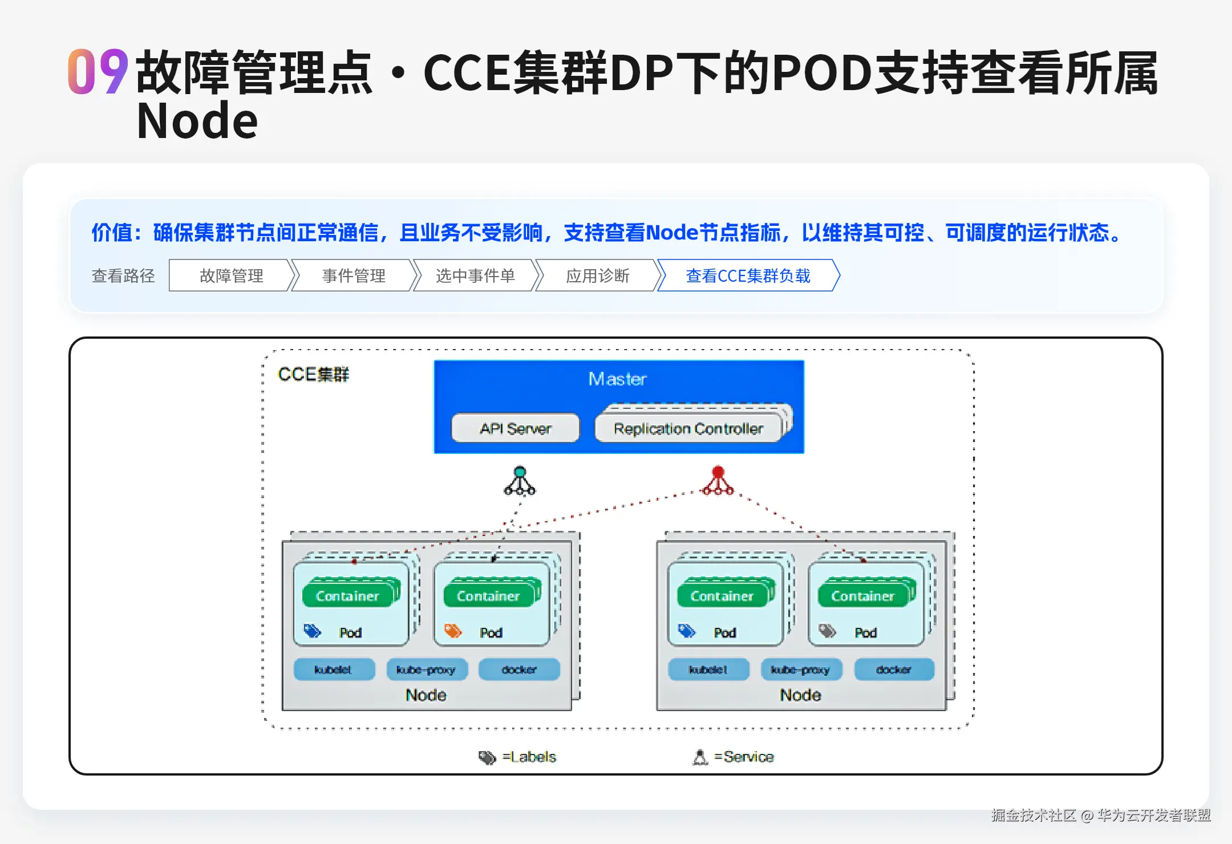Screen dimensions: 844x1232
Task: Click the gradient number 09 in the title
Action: pyautogui.click(x=98, y=72)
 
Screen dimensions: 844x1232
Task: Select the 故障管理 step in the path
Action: pyautogui.click(x=231, y=276)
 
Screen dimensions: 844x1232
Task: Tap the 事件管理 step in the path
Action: pyautogui.click(x=354, y=276)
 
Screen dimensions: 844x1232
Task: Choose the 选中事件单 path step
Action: pyautogui.click(x=475, y=276)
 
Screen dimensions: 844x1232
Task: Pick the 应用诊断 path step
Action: pyautogui.click(x=597, y=276)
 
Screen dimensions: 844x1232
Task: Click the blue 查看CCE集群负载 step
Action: pyautogui.click(x=748, y=276)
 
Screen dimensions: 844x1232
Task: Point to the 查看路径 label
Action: pyautogui.click(x=123, y=276)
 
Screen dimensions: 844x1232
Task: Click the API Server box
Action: pyautogui.click(x=516, y=428)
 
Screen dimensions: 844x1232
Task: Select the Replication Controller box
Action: pyautogui.click(x=688, y=428)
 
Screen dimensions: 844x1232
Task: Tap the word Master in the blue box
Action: pyautogui.click(x=618, y=379)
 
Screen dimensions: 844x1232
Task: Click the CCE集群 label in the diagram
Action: pyautogui.click(x=313, y=375)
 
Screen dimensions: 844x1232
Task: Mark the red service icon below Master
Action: pyautogui.click(x=718, y=481)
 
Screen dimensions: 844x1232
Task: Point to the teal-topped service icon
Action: pyautogui.click(x=520, y=481)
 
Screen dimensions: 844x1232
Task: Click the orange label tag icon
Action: pyautogui.click(x=453, y=631)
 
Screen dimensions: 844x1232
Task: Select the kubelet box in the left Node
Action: pyautogui.click(x=334, y=669)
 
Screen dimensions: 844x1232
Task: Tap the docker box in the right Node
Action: pyautogui.click(x=894, y=669)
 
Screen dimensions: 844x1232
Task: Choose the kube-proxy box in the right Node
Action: pyautogui.click(x=800, y=669)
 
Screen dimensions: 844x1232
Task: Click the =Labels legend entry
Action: pyautogui.click(x=518, y=757)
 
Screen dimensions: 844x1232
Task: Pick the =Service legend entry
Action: pyautogui.click(x=733, y=757)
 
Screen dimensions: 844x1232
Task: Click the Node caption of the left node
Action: pyautogui.click(x=426, y=695)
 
